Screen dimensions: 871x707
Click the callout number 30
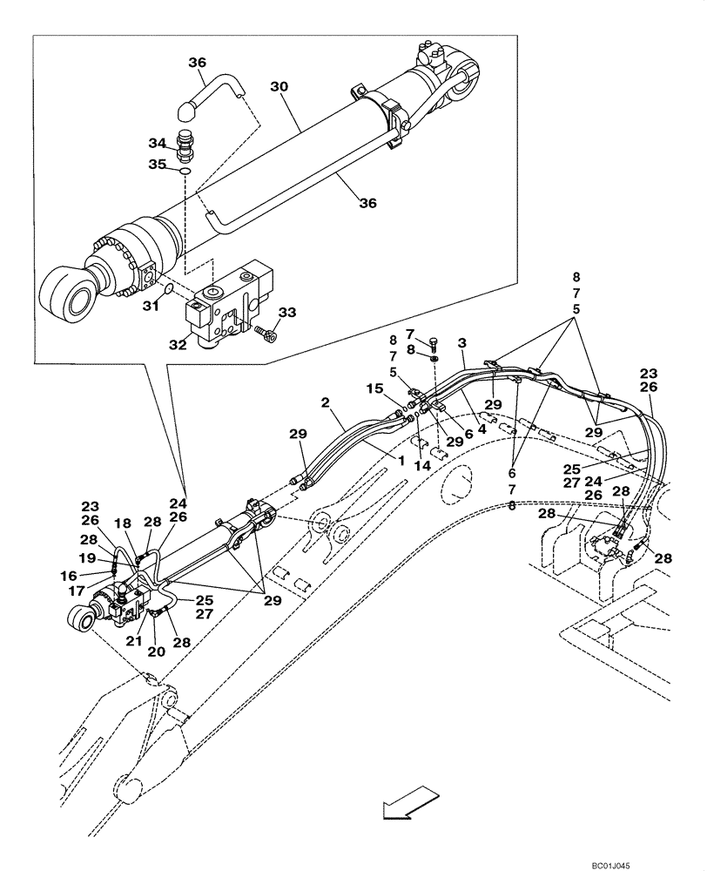[x=279, y=87]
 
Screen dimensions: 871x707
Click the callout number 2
[x=324, y=402]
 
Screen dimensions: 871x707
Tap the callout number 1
[x=401, y=459]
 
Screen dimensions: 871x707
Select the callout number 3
[x=461, y=345]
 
